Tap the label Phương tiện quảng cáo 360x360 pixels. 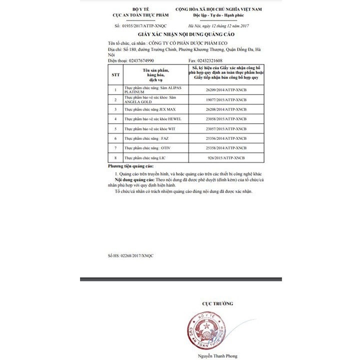[131, 165]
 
